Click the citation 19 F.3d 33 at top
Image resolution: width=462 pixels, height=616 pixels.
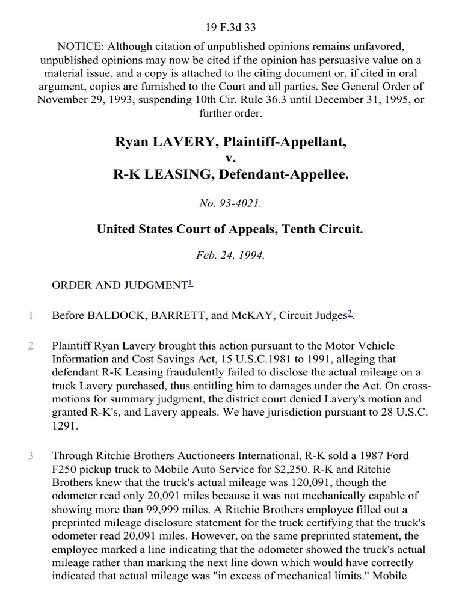click(x=230, y=10)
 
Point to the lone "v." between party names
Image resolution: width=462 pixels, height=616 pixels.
click(x=230, y=158)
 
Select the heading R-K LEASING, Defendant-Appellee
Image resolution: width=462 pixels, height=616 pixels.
click(x=230, y=174)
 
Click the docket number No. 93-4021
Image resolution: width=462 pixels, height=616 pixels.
click(x=230, y=203)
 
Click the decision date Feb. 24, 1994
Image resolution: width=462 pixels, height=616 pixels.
click(x=230, y=254)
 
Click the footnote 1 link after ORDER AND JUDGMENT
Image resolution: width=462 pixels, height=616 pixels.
click(x=190, y=283)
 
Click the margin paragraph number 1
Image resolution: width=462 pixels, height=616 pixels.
click(x=29, y=315)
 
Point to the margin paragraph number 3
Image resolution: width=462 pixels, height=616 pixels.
click(x=29, y=456)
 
